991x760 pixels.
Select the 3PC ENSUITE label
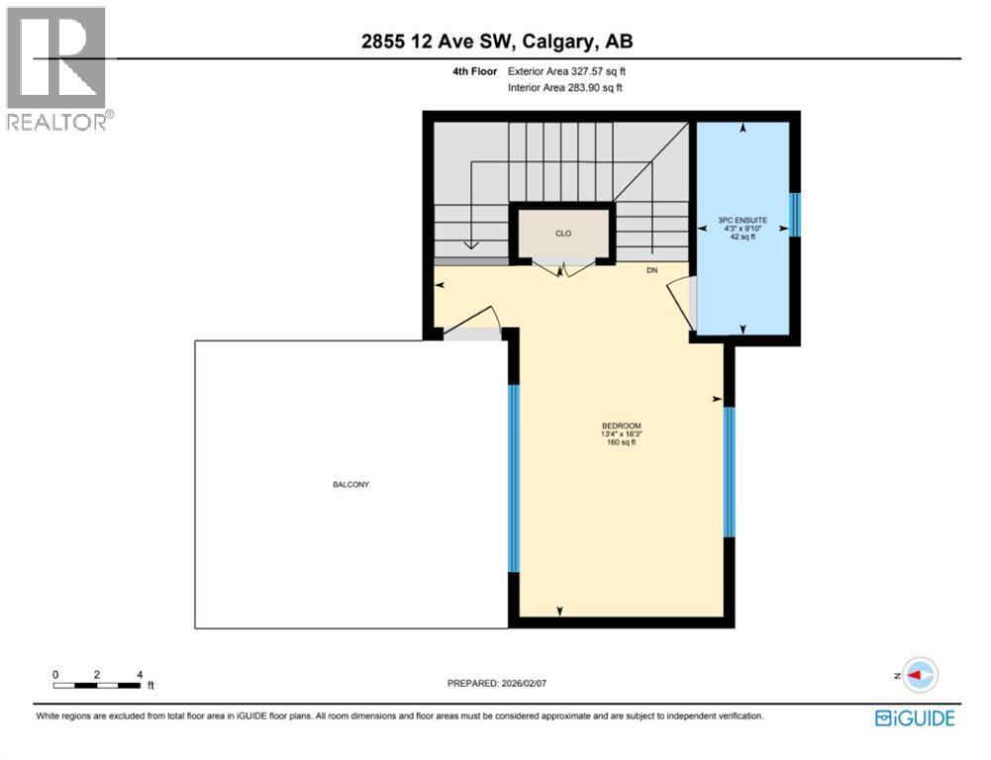click(743, 220)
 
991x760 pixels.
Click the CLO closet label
click(562, 234)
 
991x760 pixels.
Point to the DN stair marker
click(651, 269)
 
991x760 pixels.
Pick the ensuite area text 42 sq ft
click(743, 238)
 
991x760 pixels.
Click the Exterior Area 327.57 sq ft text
click(564, 71)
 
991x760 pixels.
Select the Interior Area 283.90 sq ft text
click(564, 88)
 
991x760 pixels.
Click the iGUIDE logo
click(915, 717)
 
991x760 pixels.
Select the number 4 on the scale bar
click(140, 673)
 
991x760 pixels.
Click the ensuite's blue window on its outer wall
click(794, 214)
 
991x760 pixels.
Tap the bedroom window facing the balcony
click(514, 478)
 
